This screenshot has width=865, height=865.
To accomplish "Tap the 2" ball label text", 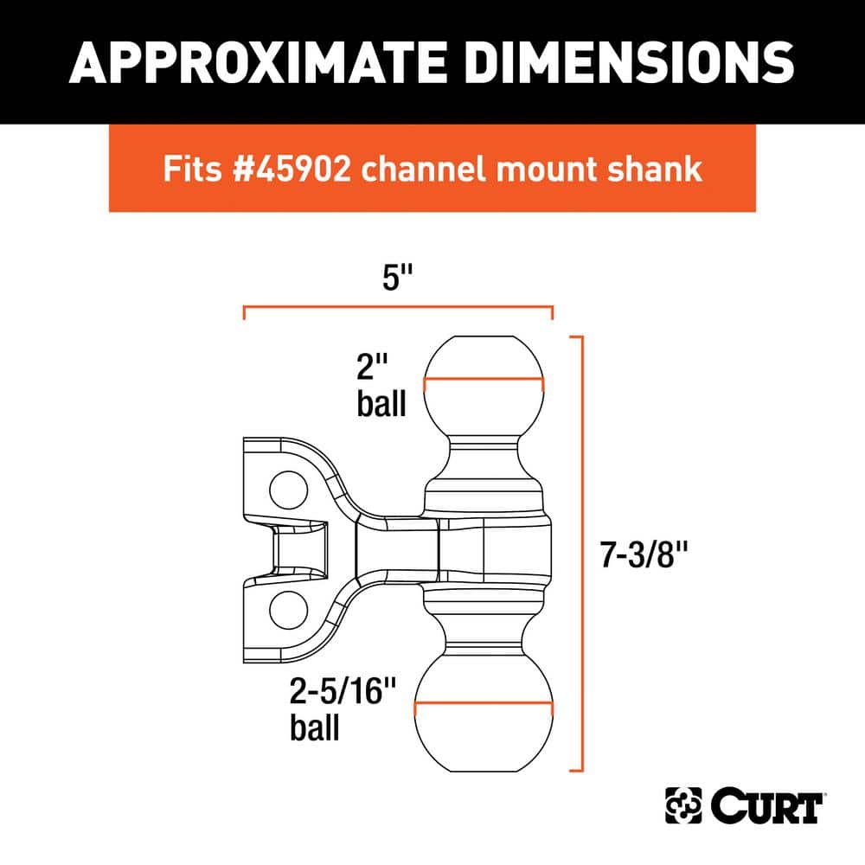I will tap(381, 388).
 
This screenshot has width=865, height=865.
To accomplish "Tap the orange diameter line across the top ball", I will tap(483, 381).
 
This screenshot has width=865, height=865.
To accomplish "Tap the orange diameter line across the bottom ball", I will tap(483, 705).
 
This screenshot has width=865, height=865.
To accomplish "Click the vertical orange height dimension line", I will tap(586, 554).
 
